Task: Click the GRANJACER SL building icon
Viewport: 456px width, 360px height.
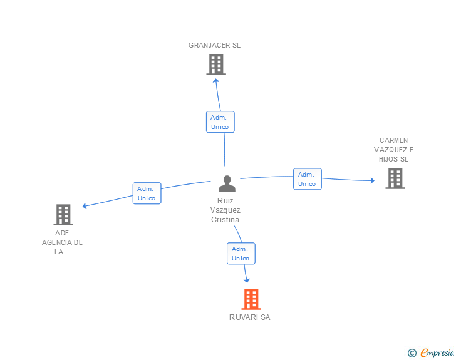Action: tap(215, 64)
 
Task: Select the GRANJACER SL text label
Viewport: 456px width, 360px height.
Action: tap(214, 45)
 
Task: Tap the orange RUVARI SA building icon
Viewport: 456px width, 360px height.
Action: tap(251, 299)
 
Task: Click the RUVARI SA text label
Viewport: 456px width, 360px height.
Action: tap(249, 317)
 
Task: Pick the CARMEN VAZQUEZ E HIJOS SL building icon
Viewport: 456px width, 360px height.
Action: tap(395, 178)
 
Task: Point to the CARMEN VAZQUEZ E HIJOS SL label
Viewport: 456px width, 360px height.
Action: tap(393, 150)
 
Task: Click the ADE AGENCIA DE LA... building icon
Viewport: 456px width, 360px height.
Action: tap(63, 215)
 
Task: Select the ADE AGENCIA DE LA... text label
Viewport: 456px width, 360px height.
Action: tap(62, 242)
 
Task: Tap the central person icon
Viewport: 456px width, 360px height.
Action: tap(227, 183)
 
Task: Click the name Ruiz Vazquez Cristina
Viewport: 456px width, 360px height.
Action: tap(225, 210)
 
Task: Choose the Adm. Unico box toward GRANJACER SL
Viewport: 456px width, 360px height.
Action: tap(220, 121)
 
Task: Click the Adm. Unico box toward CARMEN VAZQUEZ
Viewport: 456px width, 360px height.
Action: tap(307, 179)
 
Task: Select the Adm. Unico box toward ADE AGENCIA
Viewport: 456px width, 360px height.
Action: tap(147, 193)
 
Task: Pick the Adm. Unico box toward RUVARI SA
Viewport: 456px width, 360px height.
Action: tap(241, 254)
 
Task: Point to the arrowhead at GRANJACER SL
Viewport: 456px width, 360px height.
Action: tap(216, 80)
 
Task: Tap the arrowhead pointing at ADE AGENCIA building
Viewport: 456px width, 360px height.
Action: tap(85, 205)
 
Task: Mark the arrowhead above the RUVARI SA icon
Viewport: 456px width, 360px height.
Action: tap(247, 280)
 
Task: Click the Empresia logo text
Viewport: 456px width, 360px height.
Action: tap(437, 353)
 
